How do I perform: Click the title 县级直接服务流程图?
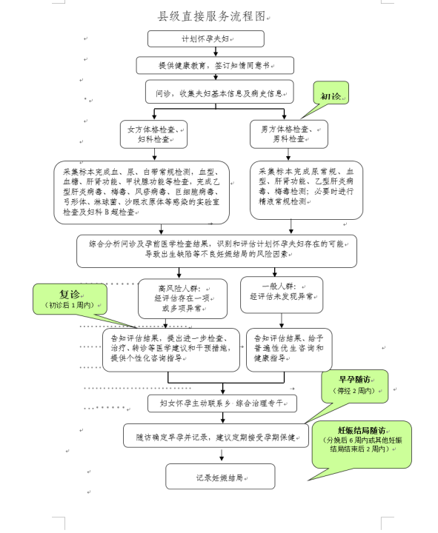(x=210, y=15)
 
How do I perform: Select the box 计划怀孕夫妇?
(x=205, y=38)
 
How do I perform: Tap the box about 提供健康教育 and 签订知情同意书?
(x=215, y=65)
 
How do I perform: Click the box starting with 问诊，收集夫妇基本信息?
(x=219, y=93)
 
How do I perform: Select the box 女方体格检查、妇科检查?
(x=154, y=134)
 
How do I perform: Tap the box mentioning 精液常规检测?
(x=306, y=190)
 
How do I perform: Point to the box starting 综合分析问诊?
(x=218, y=251)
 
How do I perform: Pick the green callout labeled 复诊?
(x=69, y=298)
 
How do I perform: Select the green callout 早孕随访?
(x=354, y=386)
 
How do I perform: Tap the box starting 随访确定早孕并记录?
(x=215, y=436)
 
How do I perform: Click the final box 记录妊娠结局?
(x=219, y=477)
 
